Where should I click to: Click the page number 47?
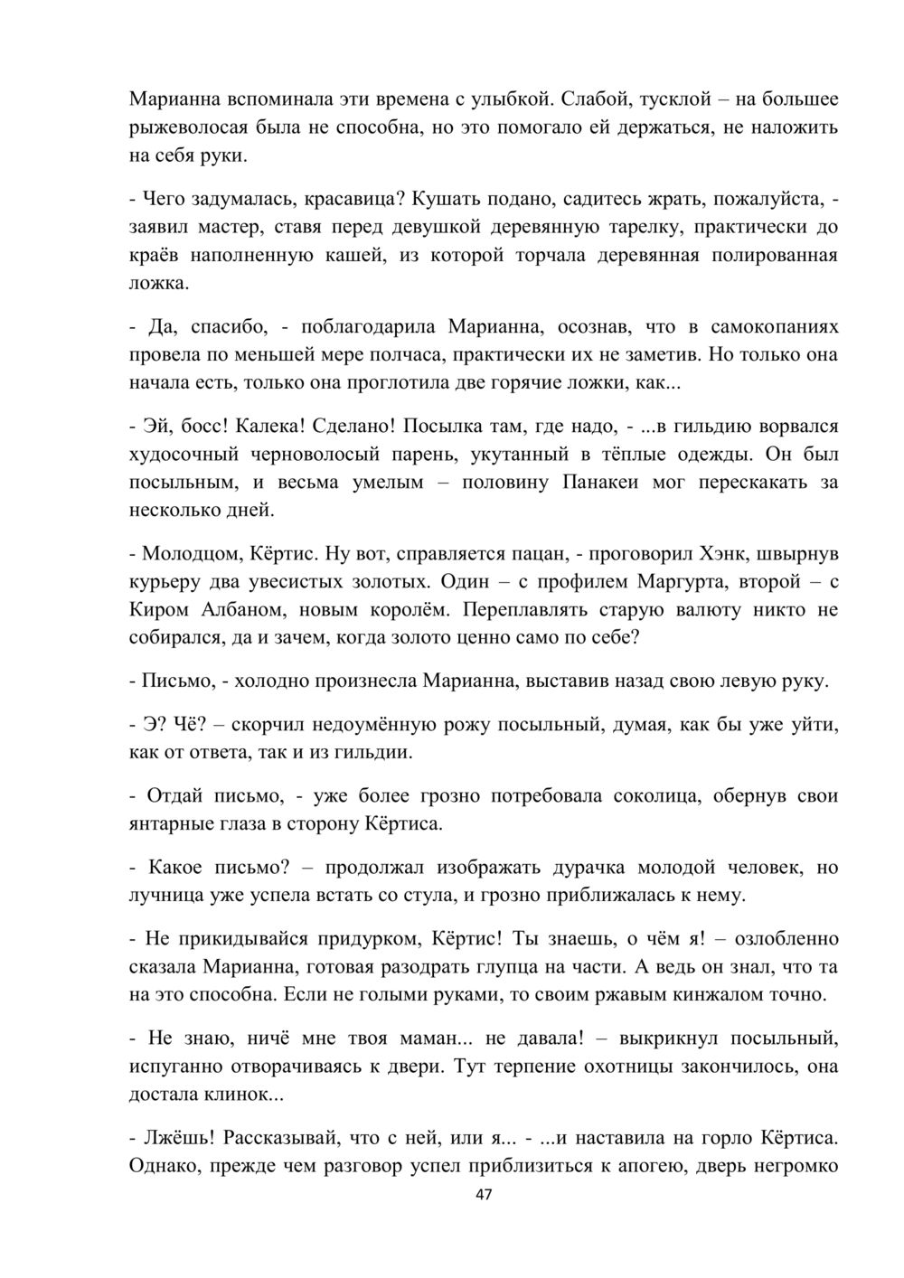pyautogui.click(x=483, y=1196)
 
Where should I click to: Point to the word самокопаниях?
pyautogui.click(x=773, y=325)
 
